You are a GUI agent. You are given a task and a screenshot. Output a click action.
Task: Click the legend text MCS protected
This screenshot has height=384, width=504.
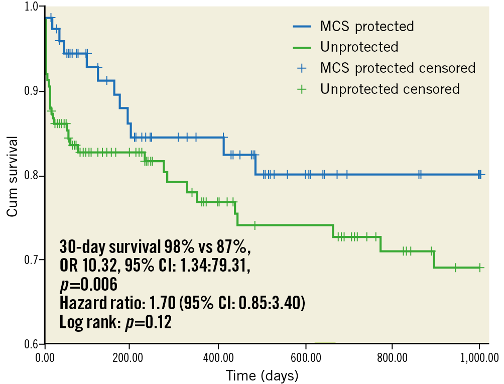[367, 26]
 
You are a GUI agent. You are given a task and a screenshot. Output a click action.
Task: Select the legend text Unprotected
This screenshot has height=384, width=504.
[359, 47]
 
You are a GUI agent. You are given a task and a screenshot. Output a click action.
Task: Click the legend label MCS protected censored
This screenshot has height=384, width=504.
[398, 68]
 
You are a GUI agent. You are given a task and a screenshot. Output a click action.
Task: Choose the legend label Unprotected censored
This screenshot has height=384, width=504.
[390, 89]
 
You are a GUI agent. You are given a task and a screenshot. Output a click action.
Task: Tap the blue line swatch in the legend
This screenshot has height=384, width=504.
[302, 26]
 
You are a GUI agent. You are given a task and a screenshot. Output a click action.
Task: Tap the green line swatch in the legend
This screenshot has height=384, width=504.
[302, 47]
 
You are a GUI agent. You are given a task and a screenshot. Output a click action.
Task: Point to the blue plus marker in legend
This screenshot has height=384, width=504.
[302, 68]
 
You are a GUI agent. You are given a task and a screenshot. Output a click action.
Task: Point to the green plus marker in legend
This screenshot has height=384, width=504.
[302, 89]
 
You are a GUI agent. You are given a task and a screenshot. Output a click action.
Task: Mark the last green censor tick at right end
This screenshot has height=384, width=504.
[480, 268]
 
